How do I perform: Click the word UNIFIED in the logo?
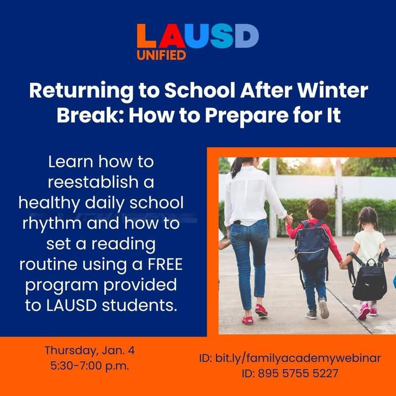coord(161,54)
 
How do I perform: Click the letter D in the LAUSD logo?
coord(247,36)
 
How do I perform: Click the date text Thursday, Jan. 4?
coord(90,350)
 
